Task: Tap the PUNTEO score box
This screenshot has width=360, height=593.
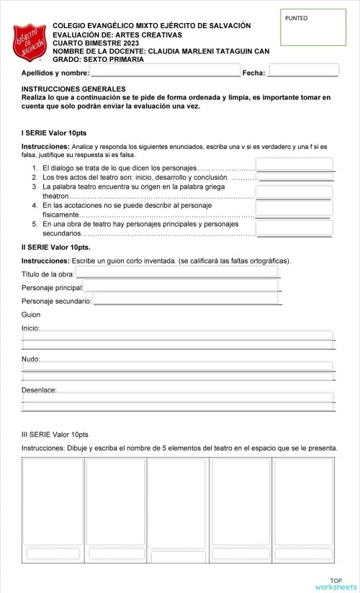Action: coord(312,28)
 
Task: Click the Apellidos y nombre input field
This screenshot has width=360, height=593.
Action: coord(165,71)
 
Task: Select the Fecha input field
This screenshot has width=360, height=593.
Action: coord(302,71)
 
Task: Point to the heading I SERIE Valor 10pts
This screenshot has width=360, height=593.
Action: coord(54,133)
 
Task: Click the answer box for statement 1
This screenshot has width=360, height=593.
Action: coord(294,164)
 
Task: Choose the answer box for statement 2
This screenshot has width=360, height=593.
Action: coord(294,176)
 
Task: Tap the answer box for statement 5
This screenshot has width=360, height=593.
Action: coord(294,228)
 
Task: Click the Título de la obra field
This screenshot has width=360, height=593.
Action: coord(177,272)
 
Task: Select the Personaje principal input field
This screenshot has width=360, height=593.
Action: coord(181,286)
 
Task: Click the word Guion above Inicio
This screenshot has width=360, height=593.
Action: coord(31,314)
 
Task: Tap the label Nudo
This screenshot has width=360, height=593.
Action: coord(31,358)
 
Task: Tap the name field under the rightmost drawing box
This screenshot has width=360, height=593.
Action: coord(302,553)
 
